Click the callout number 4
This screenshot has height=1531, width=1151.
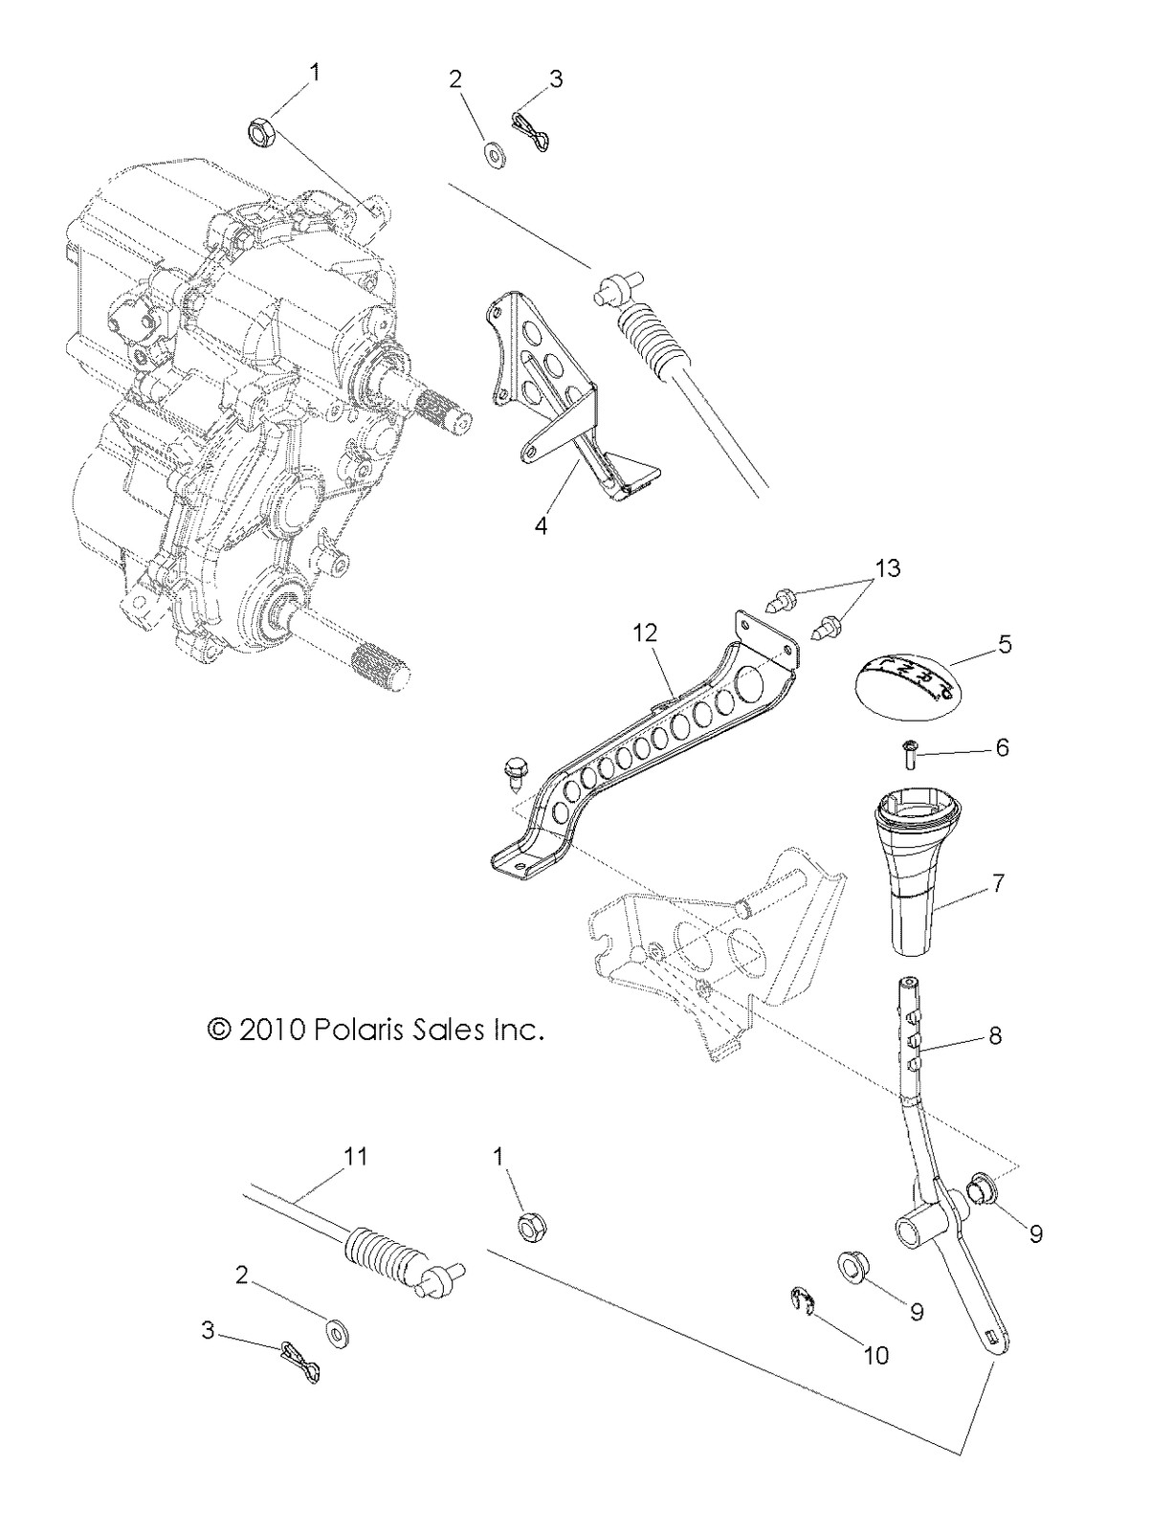pyautogui.click(x=542, y=525)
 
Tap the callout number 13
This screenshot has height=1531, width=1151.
pyautogui.click(x=887, y=568)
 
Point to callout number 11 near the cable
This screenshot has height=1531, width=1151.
pyautogui.click(x=355, y=1156)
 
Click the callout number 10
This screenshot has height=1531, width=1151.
pyautogui.click(x=876, y=1355)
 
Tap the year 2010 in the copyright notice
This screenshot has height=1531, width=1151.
pyautogui.click(x=272, y=1031)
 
